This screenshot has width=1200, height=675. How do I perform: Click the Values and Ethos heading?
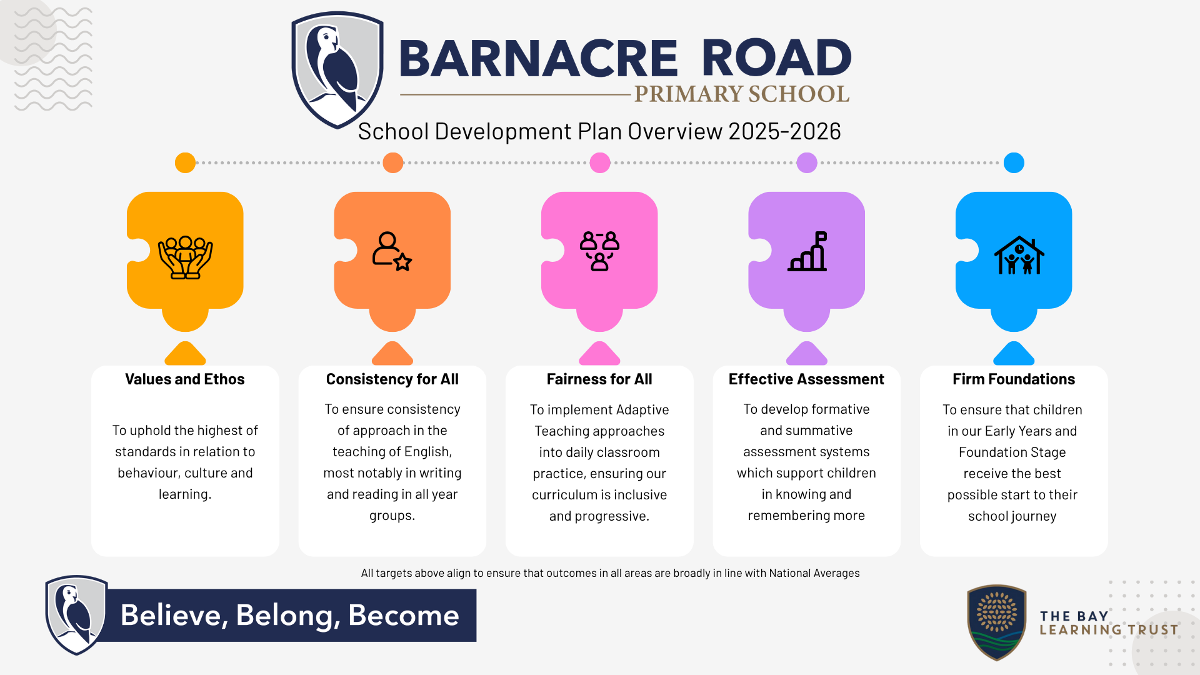click(x=185, y=379)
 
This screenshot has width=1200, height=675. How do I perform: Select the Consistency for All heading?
click(x=392, y=379)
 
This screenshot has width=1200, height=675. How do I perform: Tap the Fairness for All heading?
click(x=599, y=379)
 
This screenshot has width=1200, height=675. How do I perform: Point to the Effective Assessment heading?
click(x=806, y=379)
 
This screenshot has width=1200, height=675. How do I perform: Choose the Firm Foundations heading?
click(x=1014, y=379)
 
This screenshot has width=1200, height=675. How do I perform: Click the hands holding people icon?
click(x=185, y=257)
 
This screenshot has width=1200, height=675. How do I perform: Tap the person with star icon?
click(x=392, y=251)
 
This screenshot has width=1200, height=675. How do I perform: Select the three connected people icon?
click(x=599, y=251)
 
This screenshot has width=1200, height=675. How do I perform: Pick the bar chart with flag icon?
click(x=807, y=251)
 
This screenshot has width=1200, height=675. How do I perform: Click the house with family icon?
click(x=1019, y=255)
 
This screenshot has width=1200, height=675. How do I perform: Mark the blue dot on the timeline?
click(x=1014, y=162)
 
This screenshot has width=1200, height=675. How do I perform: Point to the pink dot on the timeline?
click(x=600, y=162)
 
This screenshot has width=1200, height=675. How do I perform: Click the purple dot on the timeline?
click(x=807, y=162)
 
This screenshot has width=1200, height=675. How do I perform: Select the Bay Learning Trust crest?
click(x=997, y=622)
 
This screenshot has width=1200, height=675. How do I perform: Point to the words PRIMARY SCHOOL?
click(x=742, y=94)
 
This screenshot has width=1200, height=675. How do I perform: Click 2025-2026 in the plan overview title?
click(x=784, y=131)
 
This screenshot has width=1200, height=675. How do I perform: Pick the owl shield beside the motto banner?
click(x=77, y=615)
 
